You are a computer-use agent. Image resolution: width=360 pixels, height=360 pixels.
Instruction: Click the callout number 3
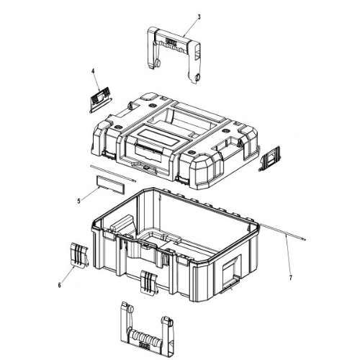(199, 17)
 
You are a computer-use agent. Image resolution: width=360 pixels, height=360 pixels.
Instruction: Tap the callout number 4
(93, 71)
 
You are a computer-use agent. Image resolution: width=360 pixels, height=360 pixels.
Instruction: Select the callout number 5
(79, 201)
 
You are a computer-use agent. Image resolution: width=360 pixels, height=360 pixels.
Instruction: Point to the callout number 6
(59, 285)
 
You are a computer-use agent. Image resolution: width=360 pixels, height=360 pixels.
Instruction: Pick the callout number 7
(291, 278)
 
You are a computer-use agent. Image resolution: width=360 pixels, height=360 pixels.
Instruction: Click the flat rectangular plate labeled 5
(111, 185)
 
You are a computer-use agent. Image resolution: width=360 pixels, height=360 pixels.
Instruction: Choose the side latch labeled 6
(80, 256)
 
